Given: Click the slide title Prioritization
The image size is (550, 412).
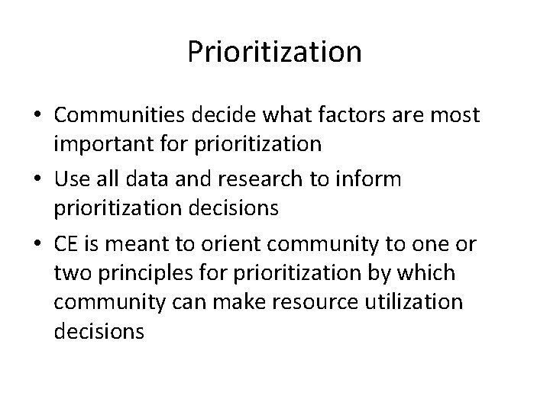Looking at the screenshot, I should coord(274,53).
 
